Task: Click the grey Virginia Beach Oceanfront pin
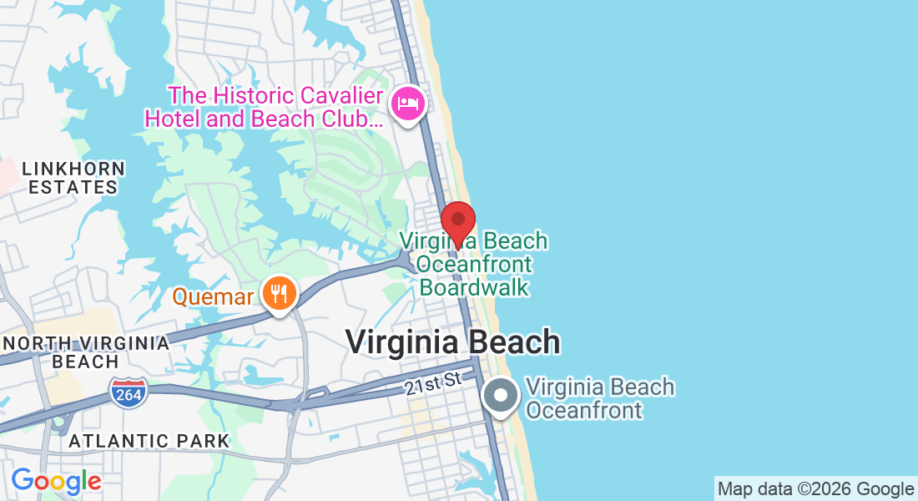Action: [502, 396]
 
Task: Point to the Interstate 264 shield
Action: [129, 392]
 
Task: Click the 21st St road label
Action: [433, 383]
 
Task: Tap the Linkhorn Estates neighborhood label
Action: [73, 178]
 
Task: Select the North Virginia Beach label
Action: [85, 352]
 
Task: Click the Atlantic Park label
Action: [149, 441]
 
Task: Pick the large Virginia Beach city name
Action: [452, 342]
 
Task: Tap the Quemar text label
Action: [213, 296]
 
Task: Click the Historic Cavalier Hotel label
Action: [265, 108]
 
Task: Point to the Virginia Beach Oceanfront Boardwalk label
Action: [473, 264]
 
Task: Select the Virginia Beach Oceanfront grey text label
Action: [600, 398]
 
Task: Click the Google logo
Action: [56, 481]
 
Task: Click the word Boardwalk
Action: [474, 287]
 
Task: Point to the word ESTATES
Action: [73, 188]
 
